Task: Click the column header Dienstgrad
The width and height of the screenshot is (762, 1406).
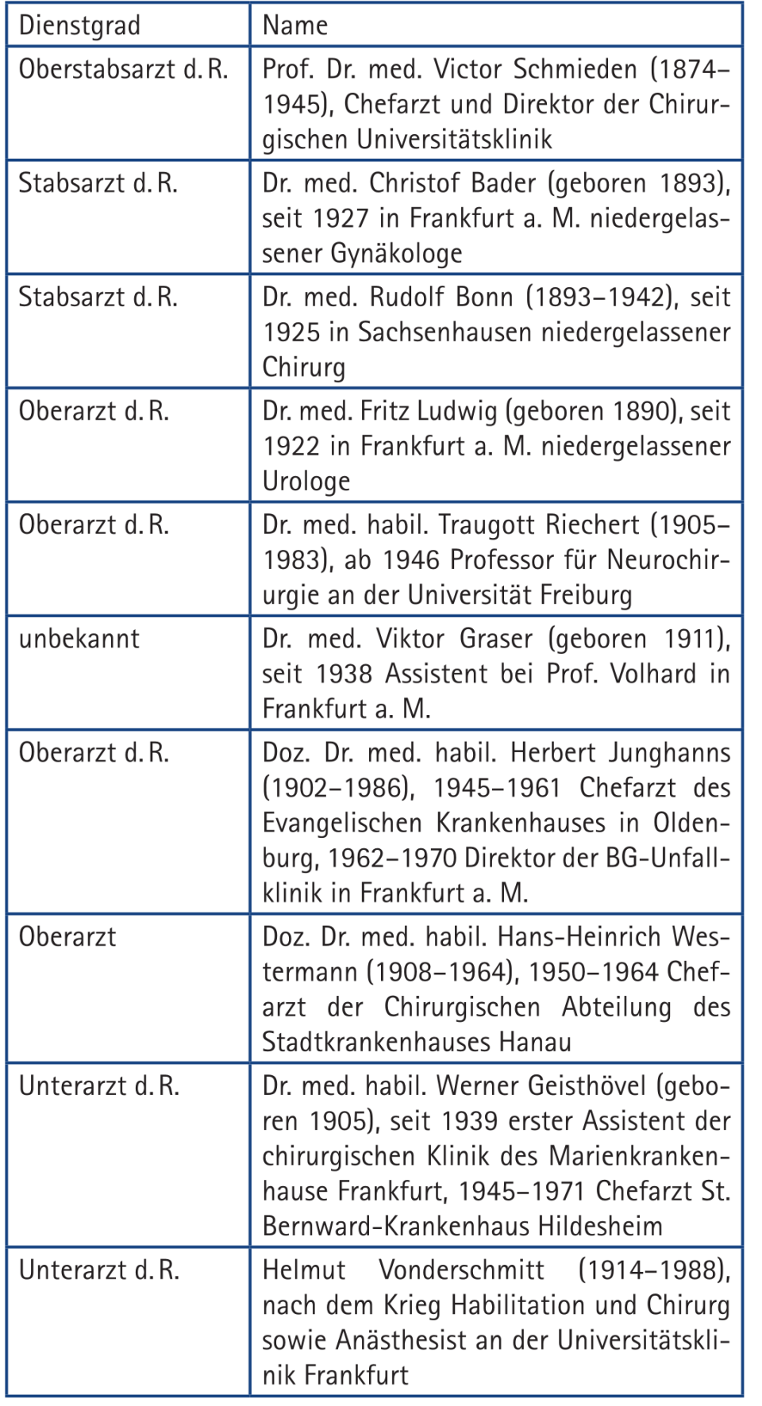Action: (79, 25)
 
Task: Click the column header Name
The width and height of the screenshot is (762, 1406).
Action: (294, 25)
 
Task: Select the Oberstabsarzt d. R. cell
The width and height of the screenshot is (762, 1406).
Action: (123, 70)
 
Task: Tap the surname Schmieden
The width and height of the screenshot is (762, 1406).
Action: (575, 70)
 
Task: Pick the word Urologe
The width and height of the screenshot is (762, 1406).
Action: (306, 482)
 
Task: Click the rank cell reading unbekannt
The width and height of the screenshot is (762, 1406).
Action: (79, 639)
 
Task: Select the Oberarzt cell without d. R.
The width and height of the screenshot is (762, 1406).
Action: (67, 937)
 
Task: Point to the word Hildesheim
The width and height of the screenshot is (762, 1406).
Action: (600, 1226)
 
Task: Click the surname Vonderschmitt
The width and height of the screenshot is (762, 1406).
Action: (461, 1270)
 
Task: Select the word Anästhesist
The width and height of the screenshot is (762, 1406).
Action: (404, 1340)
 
